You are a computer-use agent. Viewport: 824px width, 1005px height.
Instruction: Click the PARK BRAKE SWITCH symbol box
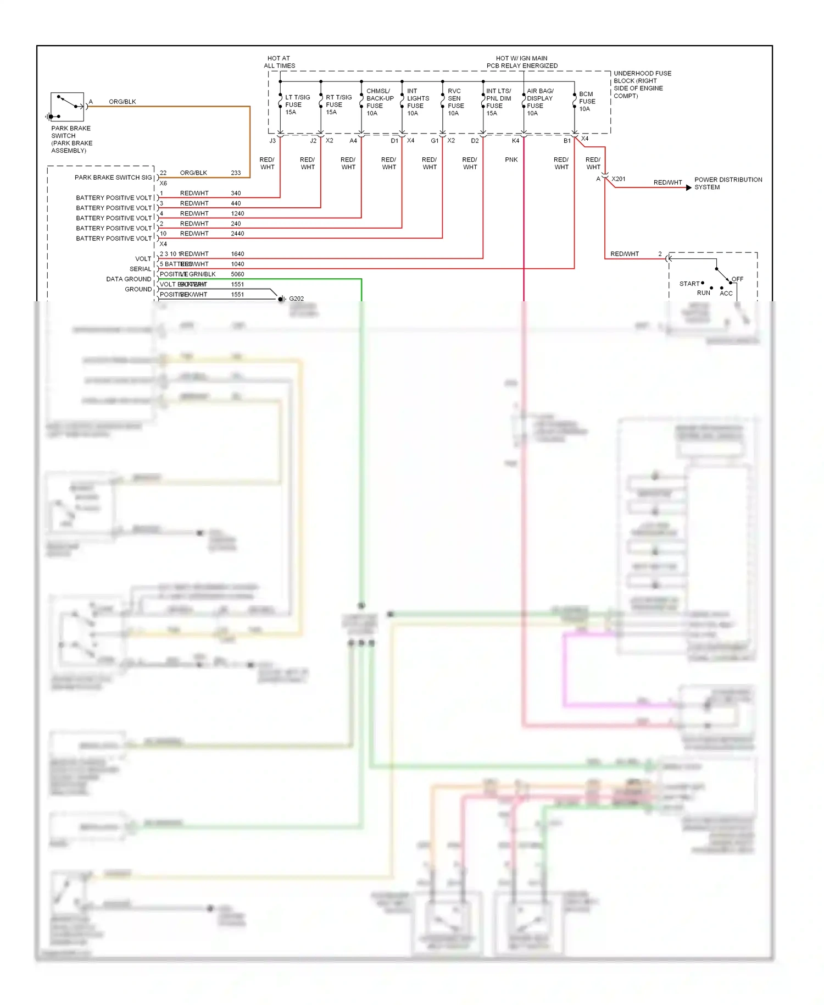click(x=67, y=107)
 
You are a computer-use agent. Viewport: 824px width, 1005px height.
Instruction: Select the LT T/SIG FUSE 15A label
click(x=297, y=104)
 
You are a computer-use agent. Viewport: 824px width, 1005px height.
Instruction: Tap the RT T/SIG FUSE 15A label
click(x=338, y=104)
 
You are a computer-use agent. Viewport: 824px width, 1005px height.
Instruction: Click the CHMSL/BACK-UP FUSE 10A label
click(x=380, y=102)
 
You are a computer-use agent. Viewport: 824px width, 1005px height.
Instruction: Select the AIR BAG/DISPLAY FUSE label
click(x=539, y=102)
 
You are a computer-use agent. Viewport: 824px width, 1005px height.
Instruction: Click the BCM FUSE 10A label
click(x=587, y=102)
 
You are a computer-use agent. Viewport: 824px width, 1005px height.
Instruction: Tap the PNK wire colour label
click(x=511, y=160)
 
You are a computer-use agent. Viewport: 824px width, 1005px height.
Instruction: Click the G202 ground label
click(x=296, y=299)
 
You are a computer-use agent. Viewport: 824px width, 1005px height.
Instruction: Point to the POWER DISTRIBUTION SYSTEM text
click(x=728, y=184)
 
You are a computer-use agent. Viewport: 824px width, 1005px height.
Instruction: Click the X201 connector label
click(x=619, y=179)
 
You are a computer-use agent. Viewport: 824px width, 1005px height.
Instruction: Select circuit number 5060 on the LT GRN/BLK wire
click(x=237, y=274)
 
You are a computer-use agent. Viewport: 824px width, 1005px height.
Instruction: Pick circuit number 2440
click(x=237, y=234)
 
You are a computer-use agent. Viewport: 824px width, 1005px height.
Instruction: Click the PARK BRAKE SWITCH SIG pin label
click(x=113, y=178)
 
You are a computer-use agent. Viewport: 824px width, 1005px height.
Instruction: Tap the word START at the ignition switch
click(x=689, y=284)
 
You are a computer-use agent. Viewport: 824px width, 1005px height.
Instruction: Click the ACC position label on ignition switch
click(x=726, y=294)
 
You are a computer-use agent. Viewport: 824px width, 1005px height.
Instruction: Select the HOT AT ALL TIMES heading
click(x=279, y=62)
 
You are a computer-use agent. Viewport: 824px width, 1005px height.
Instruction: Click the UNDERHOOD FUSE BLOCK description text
click(x=642, y=85)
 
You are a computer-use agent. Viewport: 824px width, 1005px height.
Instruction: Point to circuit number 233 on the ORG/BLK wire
click(x=236, y=173)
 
